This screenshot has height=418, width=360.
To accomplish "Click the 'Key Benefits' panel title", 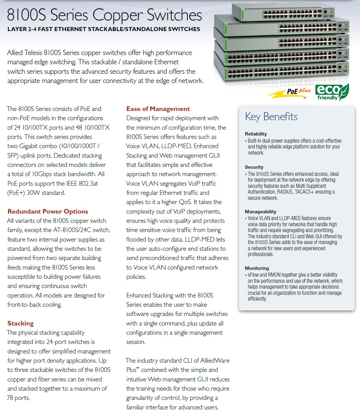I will click(x=271, y=117).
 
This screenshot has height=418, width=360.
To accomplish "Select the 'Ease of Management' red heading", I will click(x=158, y=109).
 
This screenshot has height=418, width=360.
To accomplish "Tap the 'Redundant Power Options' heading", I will click(x=48, y=211).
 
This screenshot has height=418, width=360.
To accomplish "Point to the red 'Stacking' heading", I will click(x=21, y=323).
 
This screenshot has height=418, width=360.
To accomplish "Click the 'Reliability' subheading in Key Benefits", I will click(x=256, y=134).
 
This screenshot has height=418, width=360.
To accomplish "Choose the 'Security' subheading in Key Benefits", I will click(x=254, y=167).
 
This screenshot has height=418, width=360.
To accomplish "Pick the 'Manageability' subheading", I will click(x=260, y=212).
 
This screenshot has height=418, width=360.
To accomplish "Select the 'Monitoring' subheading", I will click(x=257, y=268).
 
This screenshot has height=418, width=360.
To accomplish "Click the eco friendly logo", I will click(x=332, y=92).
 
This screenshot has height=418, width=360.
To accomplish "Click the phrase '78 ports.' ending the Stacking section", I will click(x=18, y=398).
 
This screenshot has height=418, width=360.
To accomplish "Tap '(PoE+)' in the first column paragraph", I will click(x=16, y=193).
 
